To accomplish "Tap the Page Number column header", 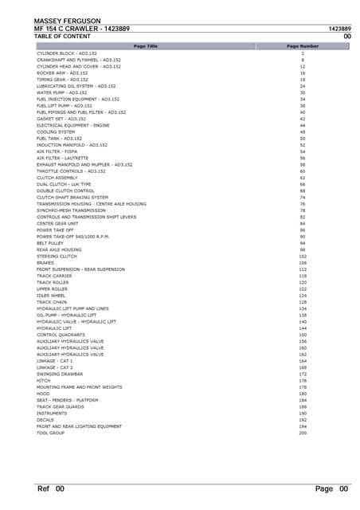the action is (x=303, y=46).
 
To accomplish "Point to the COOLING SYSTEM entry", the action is (x=55, y=131).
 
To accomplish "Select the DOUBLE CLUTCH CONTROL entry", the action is (x=64, y=190).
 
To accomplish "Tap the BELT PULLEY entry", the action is (x=51, y=243).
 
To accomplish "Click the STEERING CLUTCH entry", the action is (x=57, y=256).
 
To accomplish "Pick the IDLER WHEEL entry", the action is (x=51, y=295).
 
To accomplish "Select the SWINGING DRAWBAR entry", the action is (x=60, y=374).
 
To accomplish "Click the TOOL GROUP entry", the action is (x=50, y=433).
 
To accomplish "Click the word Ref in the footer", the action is (x=45, y=488).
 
